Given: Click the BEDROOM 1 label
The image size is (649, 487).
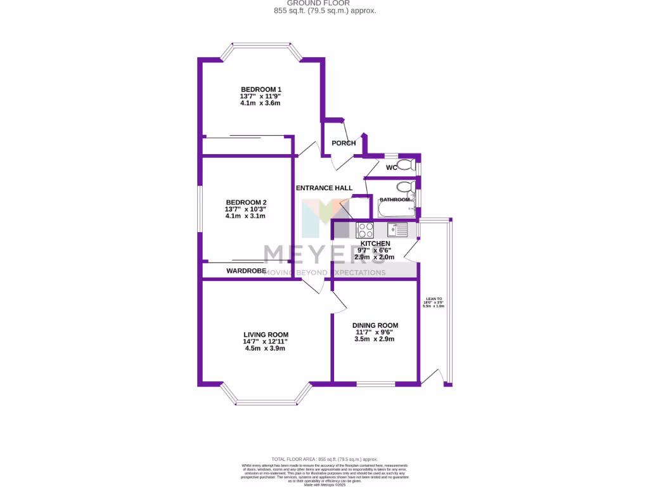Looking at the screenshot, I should point(260,89).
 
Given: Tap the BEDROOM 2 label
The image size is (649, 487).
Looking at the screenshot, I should point(245,202).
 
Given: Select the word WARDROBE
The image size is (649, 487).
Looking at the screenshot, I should point(247,271).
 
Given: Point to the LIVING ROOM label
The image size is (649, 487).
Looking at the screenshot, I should point(266,335).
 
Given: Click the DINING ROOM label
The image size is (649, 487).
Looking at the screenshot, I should point(375,325).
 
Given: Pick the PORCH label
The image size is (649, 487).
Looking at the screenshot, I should point(344,143).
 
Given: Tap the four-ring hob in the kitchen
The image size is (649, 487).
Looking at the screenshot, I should point(365,230).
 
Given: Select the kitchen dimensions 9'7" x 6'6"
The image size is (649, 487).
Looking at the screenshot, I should point(375,250).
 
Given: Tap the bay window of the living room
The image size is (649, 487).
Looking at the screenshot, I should point(266,401).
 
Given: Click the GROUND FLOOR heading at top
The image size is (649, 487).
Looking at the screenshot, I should point(323,3).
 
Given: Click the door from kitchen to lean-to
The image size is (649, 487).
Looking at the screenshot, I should point(410,250).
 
